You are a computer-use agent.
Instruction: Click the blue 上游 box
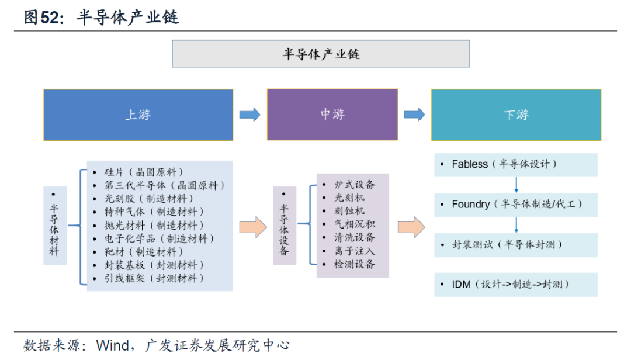tap(138, 115)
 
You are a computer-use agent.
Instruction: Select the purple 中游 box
tap(332, 115)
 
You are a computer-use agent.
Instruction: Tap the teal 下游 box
tap(516, 115)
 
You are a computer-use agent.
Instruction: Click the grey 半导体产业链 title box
tap(321, 54)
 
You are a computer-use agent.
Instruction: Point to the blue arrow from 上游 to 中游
tap(250, 115)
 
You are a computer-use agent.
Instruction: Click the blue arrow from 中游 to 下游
tap(414, 115)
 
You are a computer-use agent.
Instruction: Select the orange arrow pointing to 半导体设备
tap(253, 227)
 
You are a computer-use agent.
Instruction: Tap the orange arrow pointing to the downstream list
tap(411, 227)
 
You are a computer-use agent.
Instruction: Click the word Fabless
tap(470, 164)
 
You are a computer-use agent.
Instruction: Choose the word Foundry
tap(471, 205)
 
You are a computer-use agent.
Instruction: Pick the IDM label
tap(461, 284)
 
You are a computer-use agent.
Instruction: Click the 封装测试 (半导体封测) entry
tap(507, 244)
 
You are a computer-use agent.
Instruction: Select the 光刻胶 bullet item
tap(149, 199)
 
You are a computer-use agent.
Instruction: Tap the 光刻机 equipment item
tap(349, 198)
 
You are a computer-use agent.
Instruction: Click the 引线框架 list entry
tap(154, 278)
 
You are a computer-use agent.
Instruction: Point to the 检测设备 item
tap(355, 264)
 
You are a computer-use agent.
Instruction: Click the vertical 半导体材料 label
tap(54, 230)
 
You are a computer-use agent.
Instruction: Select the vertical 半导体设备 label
tap(284, 230)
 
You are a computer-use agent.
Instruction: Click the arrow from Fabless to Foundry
tap(516, 185)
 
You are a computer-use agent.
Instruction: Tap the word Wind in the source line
tap(113, 345)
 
